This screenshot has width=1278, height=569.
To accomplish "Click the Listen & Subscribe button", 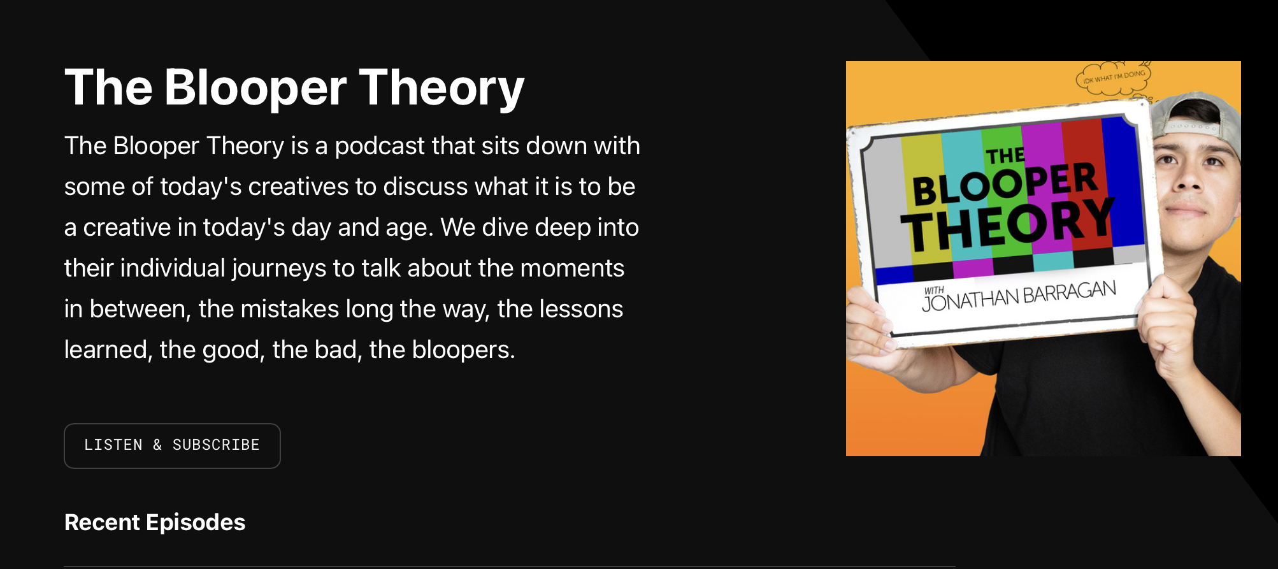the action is point(172,445).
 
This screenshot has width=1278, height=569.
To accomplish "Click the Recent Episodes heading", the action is point(155,522).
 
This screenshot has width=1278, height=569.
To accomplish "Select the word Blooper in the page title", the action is point(255,88).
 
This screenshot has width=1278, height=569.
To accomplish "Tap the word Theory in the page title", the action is point(442,88).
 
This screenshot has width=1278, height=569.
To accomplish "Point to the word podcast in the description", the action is point(380,146).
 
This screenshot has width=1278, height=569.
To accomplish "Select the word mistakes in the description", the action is point(290,309).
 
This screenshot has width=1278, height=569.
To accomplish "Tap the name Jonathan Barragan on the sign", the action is point(1019,296).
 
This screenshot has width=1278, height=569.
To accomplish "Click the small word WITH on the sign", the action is point(934,291).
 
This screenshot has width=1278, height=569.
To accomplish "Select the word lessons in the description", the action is point(581,309).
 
